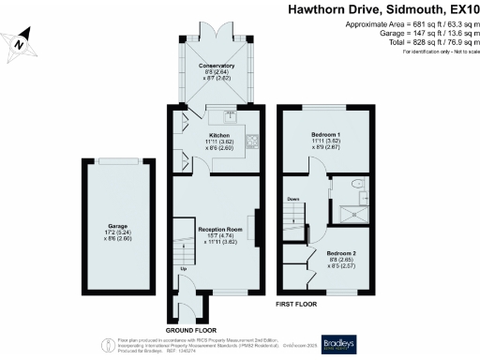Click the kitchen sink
point(230,117)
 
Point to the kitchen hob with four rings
point(252,142)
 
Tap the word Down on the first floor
point(293,200)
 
